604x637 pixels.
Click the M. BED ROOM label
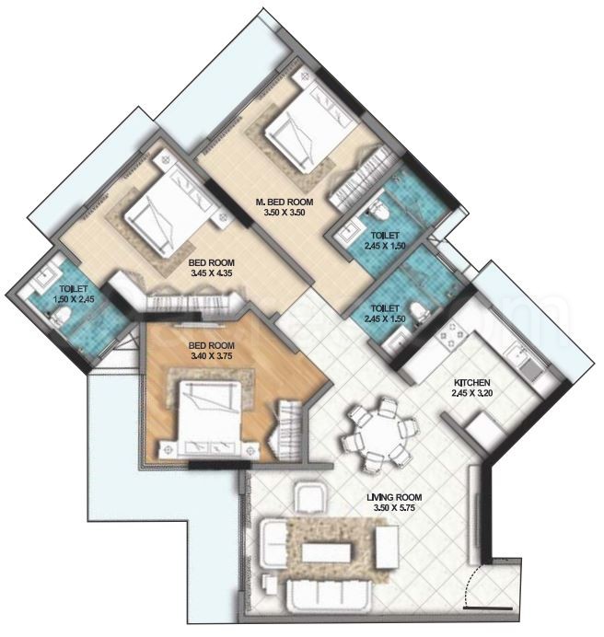pos(285,202)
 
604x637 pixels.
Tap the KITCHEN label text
pos(470,382)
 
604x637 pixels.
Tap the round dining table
pos(377,430)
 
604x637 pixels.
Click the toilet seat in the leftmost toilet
pos(59,318)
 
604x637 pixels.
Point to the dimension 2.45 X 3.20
pos(470,393)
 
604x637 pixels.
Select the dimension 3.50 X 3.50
pos(285,213)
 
